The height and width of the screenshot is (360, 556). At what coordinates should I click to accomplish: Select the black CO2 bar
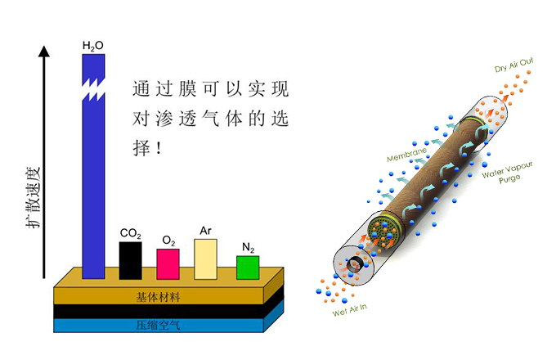click(x=130, y=260)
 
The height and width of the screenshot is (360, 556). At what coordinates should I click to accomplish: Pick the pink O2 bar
click(x=168, y=264)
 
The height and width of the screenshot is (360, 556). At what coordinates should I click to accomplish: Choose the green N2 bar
click(x=248, y=268)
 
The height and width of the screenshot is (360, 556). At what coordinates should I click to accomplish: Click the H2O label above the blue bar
click(x=93, y=46)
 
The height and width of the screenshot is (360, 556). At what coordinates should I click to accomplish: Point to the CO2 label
click(x=130, y=234)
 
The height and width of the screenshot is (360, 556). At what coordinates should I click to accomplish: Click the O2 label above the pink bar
click(x=168, y=241)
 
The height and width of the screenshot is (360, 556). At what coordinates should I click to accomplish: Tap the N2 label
click(x=248, y=247)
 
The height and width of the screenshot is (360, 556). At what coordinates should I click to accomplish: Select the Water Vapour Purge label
click(x=507, y=169)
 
